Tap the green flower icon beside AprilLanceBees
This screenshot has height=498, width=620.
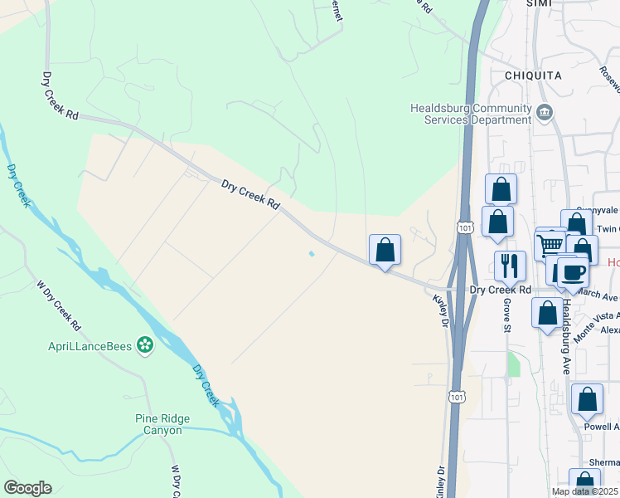tap(146, 344)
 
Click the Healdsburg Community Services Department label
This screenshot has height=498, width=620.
tap(471, 114)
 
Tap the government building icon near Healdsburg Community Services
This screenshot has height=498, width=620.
tap(545, 112)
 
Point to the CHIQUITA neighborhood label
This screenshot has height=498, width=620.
tap(533, 76)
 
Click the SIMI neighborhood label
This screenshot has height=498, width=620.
tap(539, 3)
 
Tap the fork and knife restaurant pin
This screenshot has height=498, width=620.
tap(510, 266)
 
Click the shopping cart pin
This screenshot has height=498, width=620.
tap(550, 244)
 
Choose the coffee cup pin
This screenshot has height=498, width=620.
tap(572, 271)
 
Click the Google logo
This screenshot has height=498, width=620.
tap(27, 488)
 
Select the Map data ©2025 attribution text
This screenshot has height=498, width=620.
tap(585, 491)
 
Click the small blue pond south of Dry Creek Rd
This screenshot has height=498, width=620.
tap(312, 254)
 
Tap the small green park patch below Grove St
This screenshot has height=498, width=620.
tap(513, 364)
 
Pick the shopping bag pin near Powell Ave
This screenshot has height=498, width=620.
tap(587, 400)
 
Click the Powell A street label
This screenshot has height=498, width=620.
tap(603, 427)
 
